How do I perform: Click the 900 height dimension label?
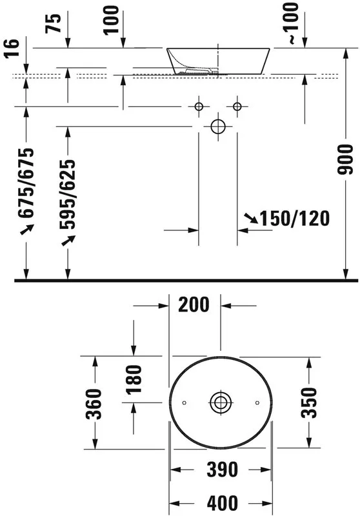[x=346, y=159]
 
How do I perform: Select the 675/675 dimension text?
[x=26, y=183]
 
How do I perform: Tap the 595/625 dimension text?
[x=68, y=195]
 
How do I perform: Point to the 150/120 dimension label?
[x=295, y=219]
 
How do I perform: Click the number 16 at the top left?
[x=12, y=48]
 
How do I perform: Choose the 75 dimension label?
[x=54, y=23]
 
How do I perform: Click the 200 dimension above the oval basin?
[x=194, y=304]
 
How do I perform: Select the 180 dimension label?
[x=134, y=379]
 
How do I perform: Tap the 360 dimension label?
[x=94, y=404]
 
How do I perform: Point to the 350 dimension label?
[x=308, y=402]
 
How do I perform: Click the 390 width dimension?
[x=222, y=470]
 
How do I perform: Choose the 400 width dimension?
[x=222, y=503]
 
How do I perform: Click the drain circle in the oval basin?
[x=221, y=402]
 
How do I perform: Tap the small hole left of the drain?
[x=185, y=402]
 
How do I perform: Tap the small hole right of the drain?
[x=257, y=402]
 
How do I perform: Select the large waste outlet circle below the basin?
[x=217, y=126]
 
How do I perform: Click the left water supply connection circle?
[x=199, y=106]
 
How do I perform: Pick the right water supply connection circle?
[x=237, y=106]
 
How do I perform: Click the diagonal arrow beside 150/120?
[x=251, y=218]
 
